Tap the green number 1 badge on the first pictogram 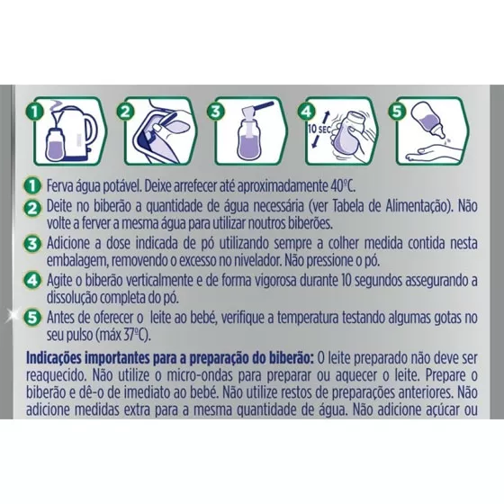[35, 112]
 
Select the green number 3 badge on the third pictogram [216, 112]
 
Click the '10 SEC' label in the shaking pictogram [319, 130]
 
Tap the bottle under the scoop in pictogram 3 [249, 139]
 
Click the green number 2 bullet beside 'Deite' [32, 208]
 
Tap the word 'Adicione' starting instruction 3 [67, 243]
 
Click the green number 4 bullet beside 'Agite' [32, 281]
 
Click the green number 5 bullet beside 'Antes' [32, 318]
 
